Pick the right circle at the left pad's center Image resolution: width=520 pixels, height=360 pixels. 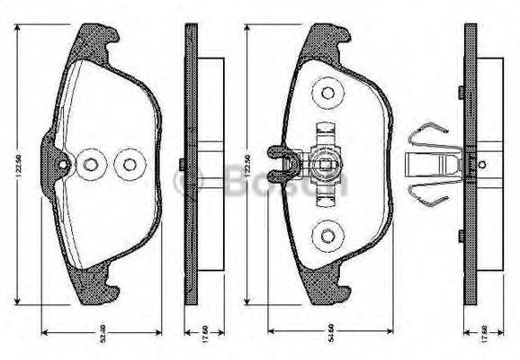(129, 165)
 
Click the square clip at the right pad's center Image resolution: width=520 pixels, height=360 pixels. (323, 165)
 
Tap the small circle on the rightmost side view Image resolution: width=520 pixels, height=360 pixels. (482, 164)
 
